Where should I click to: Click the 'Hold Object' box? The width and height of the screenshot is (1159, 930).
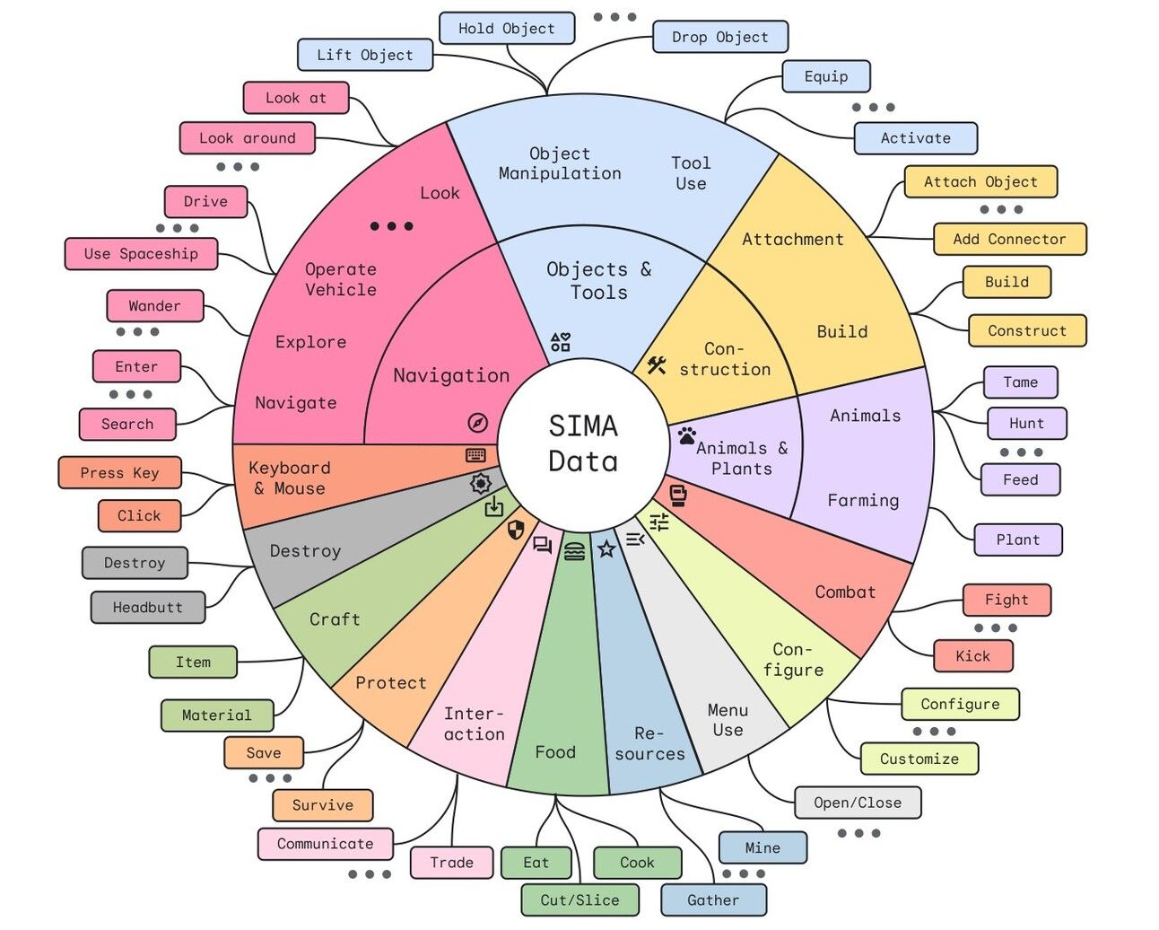click(x=507, y=29)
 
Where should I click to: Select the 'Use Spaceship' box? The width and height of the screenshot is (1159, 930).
click(x=141, y=254)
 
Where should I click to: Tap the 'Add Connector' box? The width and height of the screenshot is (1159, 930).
click(x=1010, y=239)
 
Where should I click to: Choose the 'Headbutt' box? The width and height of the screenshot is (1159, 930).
click(x=148, y=608)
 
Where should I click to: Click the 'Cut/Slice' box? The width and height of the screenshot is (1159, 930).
click(x=580, y=899)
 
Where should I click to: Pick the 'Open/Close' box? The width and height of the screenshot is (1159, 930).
click(x=858, y=803)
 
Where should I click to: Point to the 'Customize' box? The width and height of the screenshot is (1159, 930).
click(x=919, y=759)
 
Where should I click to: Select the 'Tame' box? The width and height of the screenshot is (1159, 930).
click(x=1021, y=382)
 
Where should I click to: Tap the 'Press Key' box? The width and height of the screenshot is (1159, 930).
click(x=119, y=473)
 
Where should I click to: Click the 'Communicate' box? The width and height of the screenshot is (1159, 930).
click(x=326, y=844)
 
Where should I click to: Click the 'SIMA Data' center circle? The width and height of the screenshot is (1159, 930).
click(x=583, y=443)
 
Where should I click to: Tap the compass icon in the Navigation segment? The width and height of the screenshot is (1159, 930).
click(x=478, y=423)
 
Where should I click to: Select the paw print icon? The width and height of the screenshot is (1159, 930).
click(x=686, y=435)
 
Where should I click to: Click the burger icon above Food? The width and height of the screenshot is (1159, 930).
click(x=574, y=551)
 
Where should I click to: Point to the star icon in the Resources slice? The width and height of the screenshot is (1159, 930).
click(x=607, y=548)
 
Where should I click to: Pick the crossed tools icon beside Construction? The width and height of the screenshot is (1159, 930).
click(x=657, y=365)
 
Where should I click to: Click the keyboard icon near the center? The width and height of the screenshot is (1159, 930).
click(x=475, y=455)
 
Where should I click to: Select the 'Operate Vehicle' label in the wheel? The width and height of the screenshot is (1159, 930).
click(x=340, y=279)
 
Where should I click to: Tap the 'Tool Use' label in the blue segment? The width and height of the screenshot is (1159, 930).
click(x=691, y=173)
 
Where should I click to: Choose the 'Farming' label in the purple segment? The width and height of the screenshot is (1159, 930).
click(x=863, y=500)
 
